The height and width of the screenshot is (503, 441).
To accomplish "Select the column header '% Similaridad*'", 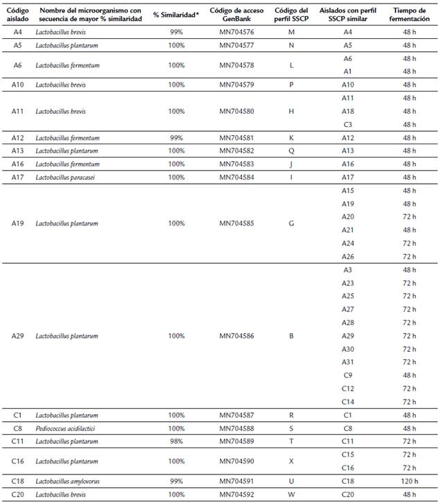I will pyautogui.click(x=176, y=15).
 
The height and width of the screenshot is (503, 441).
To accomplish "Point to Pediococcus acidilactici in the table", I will pyautogui.click(x=67, y=428).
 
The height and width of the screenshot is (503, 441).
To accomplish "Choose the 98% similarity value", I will pyautogui.click(x=176, y=441).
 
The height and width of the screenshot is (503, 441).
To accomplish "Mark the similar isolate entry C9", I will pyautogui.click(x=348, y=375).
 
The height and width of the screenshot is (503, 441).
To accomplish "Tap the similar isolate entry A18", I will pyautogui.click(x=348, y=111).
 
